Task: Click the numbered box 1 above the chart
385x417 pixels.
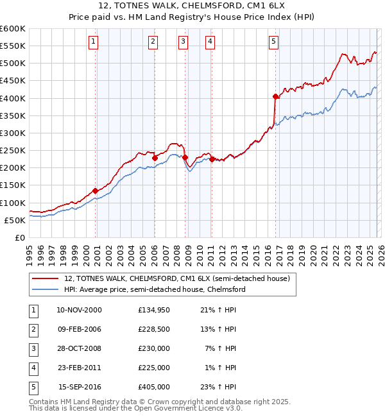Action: [x=94, y=42]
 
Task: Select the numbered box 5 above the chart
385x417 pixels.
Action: [x=274, y=42]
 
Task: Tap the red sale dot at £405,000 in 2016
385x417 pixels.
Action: [x=275, y=97]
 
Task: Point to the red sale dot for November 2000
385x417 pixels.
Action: [x=96, y=191]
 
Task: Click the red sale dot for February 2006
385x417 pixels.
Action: [x=155, y=158]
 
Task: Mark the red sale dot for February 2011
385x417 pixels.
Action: [x=212, y=159]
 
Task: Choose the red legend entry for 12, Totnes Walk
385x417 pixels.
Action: [x=177, y=278]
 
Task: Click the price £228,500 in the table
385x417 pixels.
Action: [x=153, y=330]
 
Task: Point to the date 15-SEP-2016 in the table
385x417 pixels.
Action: [x=80, y=387]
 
